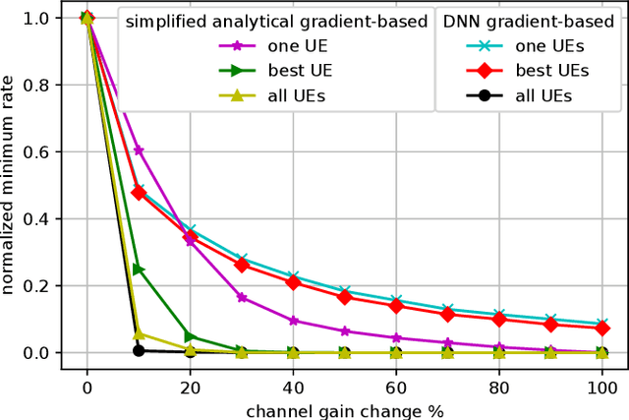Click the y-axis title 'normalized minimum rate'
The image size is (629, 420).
click(x=12, y=185)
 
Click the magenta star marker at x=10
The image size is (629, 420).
click(x=139, y=150)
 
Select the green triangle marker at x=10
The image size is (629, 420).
click(x=139, y=269)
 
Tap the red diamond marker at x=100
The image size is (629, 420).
click(x=600, y=328)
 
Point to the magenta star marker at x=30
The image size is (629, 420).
click(x=241, y=297)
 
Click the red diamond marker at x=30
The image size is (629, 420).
click(x=241, y=265)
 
